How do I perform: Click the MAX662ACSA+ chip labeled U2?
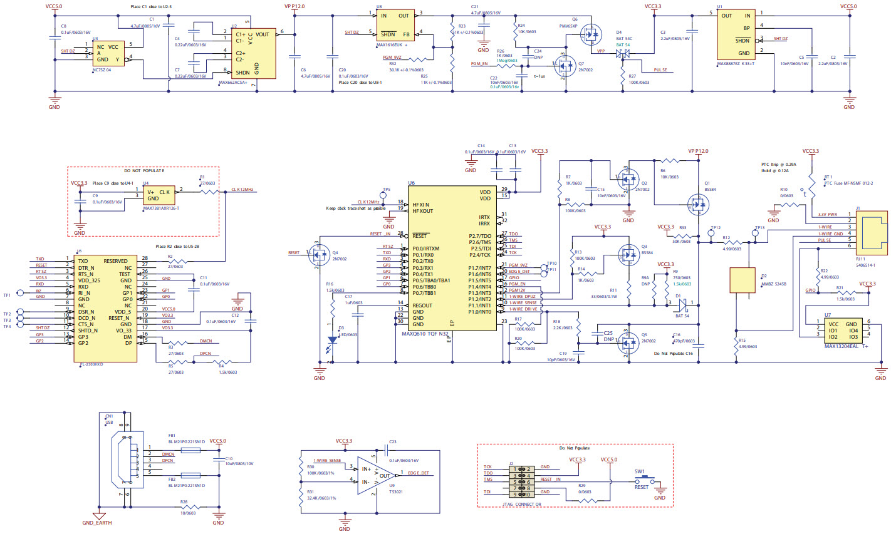pos(253,53)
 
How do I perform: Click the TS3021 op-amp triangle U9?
pos(377,475)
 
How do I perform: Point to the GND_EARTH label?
pos(97,523)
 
